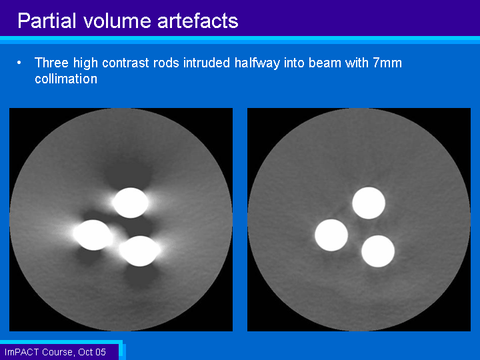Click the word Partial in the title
click(47, 21)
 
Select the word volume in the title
click(117, 21)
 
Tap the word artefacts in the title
click(198, 21)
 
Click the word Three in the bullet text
click(51, 63)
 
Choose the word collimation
click(66, 79)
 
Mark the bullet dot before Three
click(19, 63)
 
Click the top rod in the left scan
click(131, 203)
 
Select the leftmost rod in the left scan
click(93, 235)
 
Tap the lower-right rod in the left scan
click(140, 251)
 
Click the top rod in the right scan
click(369, 203)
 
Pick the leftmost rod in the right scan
click(331, 235)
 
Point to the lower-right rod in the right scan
click(378, 251)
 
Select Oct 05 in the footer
click(92, 352)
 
